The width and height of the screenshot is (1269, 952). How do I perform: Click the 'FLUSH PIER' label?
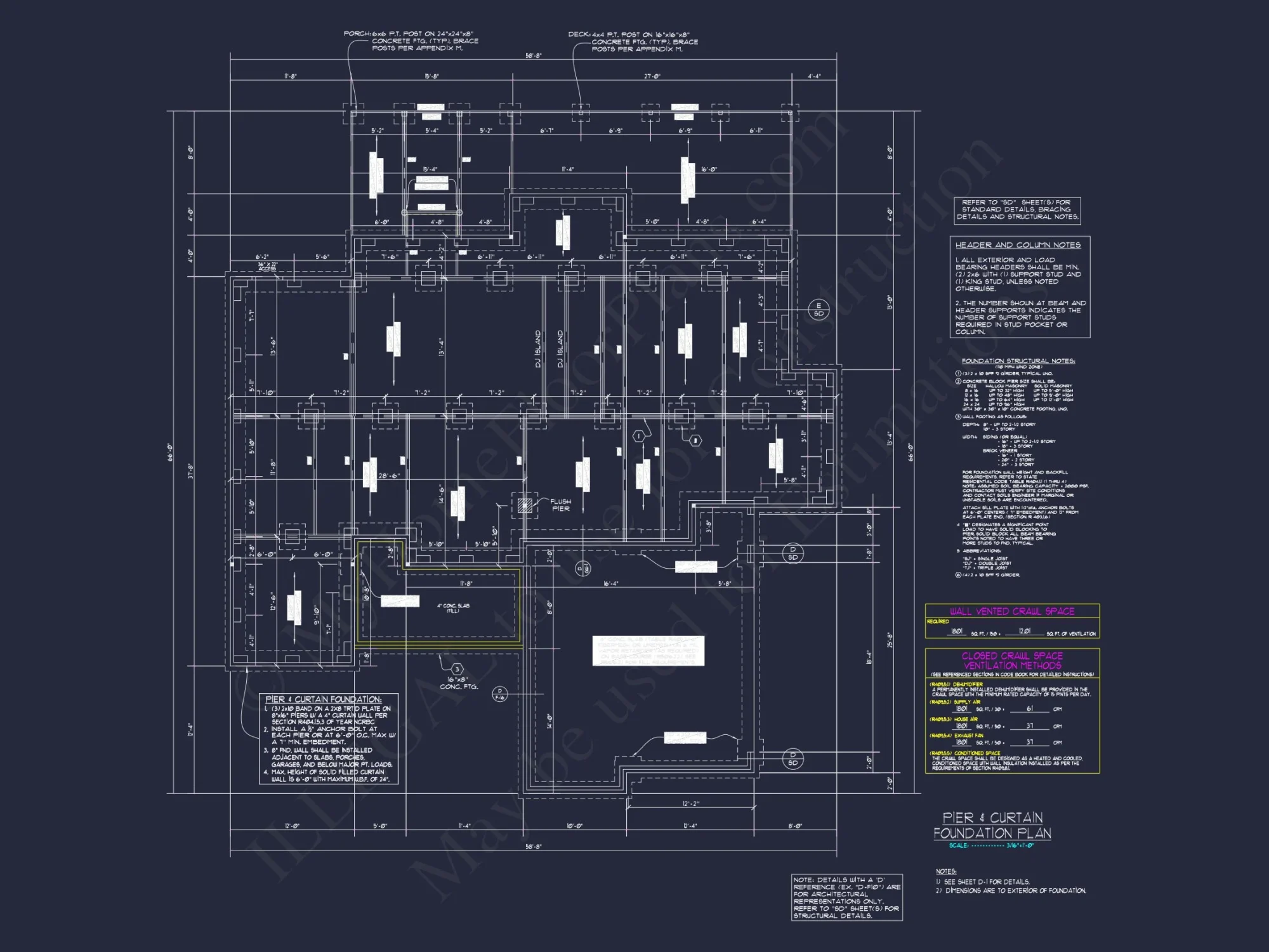(560, 505)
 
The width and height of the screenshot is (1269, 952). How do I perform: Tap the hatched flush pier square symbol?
(524, 505)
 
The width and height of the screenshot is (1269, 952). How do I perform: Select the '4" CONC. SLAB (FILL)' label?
(453, 608)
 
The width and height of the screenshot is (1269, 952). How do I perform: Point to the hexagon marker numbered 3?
(457, 670)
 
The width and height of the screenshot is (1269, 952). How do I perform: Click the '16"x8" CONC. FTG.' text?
(458, 683)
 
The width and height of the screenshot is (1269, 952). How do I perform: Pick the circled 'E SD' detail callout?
(819, 310)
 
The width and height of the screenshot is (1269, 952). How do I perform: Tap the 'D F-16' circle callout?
(499, 694)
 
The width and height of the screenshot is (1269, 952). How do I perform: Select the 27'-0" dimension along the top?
(652, 76)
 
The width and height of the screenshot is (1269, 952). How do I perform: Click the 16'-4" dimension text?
(610, 583)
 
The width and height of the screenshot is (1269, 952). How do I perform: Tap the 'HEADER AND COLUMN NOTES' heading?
(1018, 245)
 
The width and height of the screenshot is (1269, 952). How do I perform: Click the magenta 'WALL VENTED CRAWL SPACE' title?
(1012, 611)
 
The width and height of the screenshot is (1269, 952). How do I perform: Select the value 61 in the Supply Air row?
(1029, 709)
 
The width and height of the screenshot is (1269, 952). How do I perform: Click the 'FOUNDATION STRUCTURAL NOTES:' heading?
(1018, 361)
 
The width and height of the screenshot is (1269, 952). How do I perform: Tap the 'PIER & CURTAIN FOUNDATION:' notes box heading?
(323, 699)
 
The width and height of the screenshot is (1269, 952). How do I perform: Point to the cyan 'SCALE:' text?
(959, 845)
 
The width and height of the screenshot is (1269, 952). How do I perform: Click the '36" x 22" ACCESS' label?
(267, 267)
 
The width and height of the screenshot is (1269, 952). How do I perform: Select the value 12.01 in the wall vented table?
(1024, 631)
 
